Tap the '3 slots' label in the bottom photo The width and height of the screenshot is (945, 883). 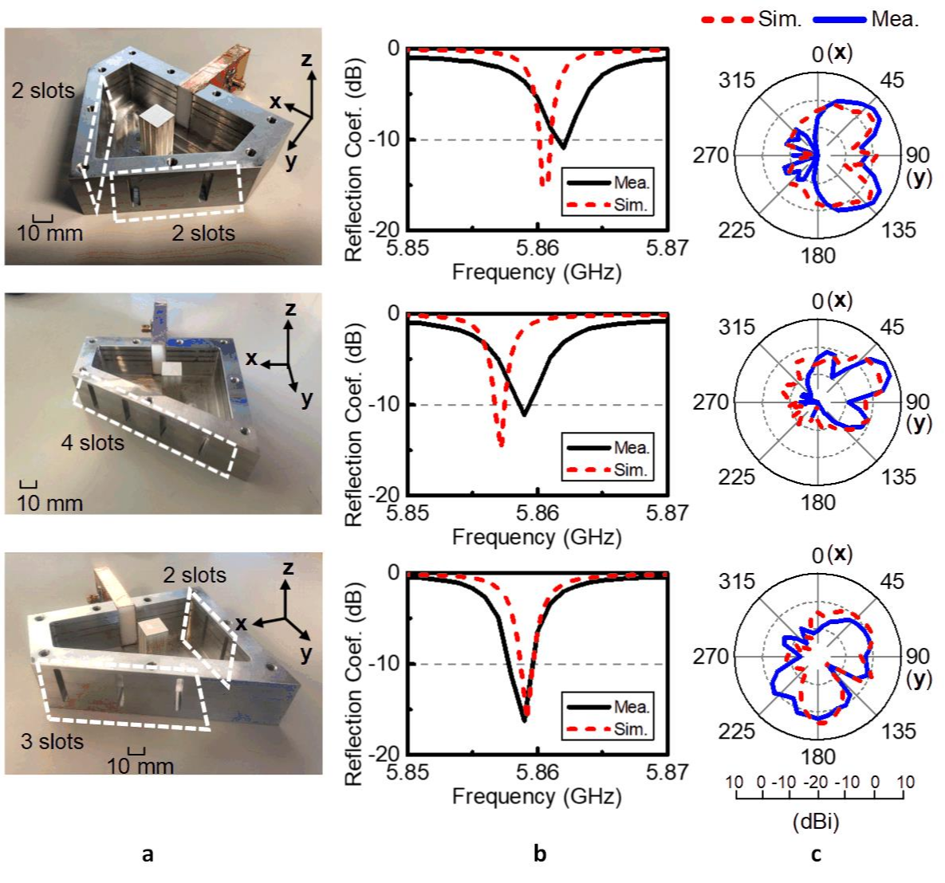[x=51, y=741]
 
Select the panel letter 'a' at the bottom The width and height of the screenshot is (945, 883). [x=146, y=855]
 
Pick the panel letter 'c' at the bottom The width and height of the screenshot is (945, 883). [x=814, y=855]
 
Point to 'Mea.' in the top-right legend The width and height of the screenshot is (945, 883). [x=896, y=19]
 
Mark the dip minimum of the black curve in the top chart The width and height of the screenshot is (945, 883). [x=563, y=147]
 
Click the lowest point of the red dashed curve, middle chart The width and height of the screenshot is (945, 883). [x=501, y=444]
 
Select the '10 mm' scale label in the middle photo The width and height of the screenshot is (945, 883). [x=49, y=503]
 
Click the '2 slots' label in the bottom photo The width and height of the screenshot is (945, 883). [x=195, y=575]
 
